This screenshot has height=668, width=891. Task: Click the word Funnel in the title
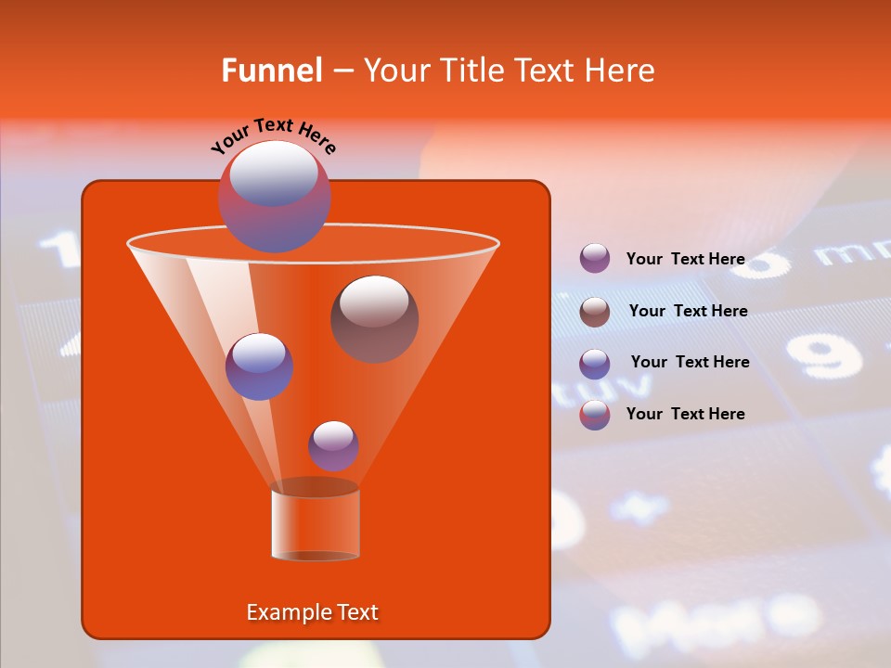(271, 71)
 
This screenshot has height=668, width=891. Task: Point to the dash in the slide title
(342, 71)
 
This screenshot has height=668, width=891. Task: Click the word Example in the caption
(288, 612)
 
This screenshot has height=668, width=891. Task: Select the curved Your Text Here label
(273, 135)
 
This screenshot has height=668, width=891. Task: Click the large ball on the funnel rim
(275, 196)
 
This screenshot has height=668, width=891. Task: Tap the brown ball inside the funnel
(375, 319)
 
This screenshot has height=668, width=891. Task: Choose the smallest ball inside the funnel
(333, 445)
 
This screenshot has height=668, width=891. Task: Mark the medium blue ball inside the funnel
(259, 366)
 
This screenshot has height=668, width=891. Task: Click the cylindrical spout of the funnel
(316, 523)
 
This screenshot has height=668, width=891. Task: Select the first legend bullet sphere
(595, 258)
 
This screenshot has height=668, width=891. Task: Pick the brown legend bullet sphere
(595, 312)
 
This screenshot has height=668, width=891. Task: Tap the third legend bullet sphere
(595, 364)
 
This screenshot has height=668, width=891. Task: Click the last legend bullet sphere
(595, 415)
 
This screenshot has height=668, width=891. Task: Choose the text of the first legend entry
(685, 259)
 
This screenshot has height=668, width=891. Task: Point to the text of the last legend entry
(685, 414)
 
